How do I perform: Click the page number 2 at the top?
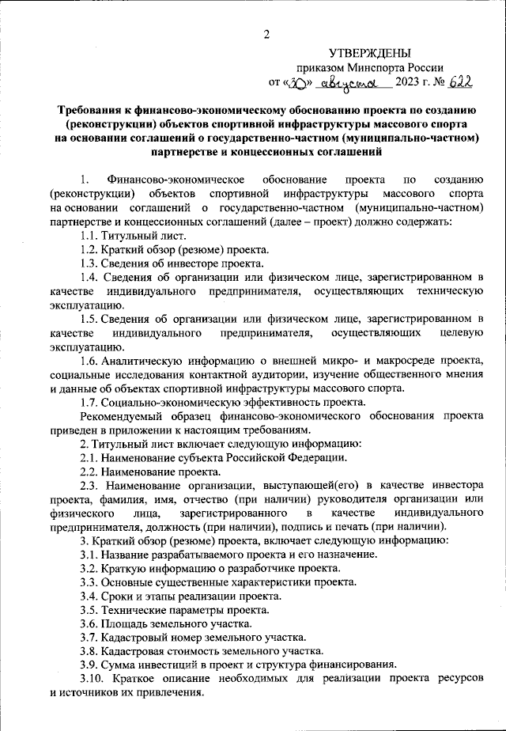(266, 33)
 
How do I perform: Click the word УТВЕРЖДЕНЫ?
(370, 53)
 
